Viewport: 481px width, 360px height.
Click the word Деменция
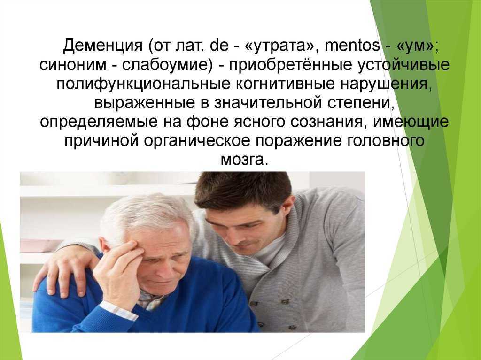pyautogui.click(x=103, y=46)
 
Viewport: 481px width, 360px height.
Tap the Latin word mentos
pyautogui.click(x=352, y=46)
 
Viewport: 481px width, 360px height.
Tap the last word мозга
pyautogui.click(x=244, y=160)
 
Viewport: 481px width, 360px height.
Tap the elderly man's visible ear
pyautogui.click(x=105, y=247)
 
